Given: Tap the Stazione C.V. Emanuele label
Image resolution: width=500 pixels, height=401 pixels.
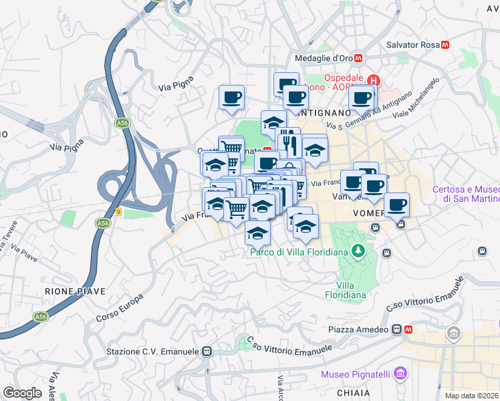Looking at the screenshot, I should (x=153, y=351).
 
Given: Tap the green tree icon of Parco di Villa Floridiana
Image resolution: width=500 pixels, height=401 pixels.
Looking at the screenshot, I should (x=360, y=251).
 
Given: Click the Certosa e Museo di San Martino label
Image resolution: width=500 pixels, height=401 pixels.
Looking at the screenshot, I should (x=465, y=193).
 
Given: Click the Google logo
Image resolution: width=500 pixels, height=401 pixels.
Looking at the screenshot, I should (x=22, y=393).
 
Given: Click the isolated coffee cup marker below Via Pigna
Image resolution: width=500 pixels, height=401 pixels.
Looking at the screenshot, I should (x=231, y=98).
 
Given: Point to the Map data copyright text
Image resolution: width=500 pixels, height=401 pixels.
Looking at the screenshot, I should (x=472, y=396).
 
